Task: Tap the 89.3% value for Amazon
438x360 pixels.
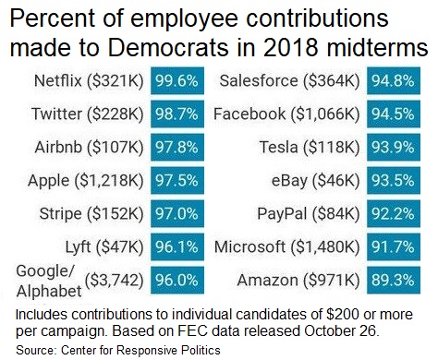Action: click(x=393, y=281)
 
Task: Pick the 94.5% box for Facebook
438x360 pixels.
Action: click(x=393, y=114)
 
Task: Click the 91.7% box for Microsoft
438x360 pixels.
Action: click(x=393, y=247)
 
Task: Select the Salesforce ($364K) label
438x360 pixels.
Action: click(x=287, y=81)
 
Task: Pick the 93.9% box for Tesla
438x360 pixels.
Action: click(x=393, y=148)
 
